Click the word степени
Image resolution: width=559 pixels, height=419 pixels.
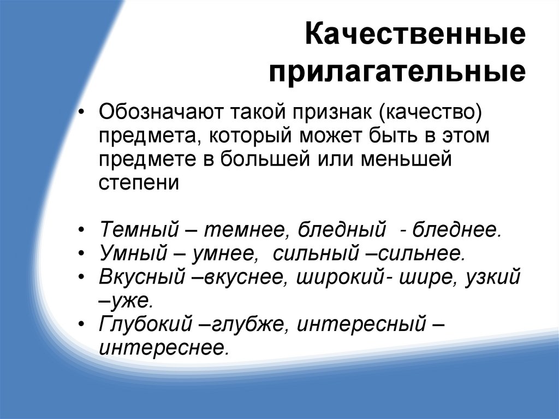pyautogui.click(x=139, y=183)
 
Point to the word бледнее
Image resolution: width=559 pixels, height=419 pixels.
pyautogui.click(x=457, y=229)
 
